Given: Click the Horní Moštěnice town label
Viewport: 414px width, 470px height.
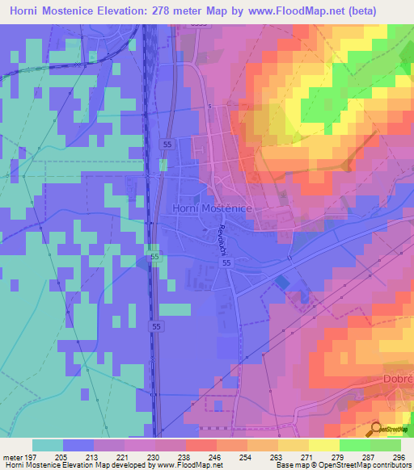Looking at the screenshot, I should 213,208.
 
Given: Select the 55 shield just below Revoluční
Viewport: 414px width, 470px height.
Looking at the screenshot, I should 226,263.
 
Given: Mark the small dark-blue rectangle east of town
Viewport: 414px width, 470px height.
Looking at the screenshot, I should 281,281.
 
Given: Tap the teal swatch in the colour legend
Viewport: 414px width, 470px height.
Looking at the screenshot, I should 47,445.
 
